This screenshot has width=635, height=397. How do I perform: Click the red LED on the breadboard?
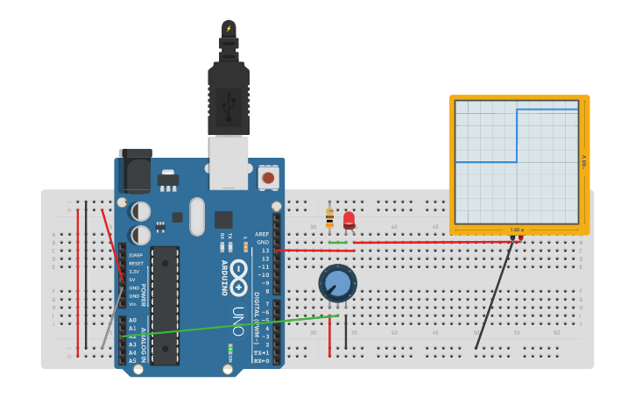(349, 219)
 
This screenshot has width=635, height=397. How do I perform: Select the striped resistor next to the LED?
(329, 216)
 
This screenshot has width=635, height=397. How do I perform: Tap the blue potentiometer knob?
(337, 284)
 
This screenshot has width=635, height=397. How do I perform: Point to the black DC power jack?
(135, 172)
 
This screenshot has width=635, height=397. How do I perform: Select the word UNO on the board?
(237, 322)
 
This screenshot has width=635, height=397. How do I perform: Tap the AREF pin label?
(261, 235)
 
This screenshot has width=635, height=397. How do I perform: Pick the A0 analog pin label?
(133, 321)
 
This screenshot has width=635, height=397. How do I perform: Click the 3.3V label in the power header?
(133, 272)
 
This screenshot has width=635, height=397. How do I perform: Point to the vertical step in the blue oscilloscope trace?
(517, 136)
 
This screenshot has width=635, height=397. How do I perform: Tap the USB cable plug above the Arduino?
(229, 88)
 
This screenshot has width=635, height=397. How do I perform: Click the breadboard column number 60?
(557, 333)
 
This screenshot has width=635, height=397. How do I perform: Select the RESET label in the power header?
(135, 264)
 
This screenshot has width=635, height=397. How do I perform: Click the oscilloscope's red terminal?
(520, 237)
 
